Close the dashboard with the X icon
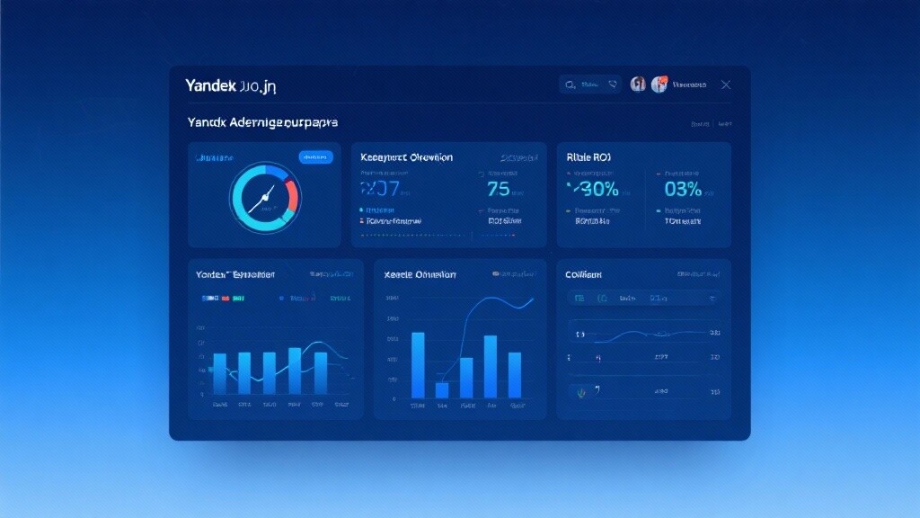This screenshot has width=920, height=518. click(726, 85)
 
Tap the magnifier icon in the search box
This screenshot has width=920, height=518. click(571, 85)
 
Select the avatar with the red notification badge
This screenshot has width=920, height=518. click(659, 85)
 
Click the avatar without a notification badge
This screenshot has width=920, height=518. click(638, 85)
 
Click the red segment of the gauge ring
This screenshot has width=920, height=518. click(292, 193)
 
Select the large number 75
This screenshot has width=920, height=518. click(498, 189)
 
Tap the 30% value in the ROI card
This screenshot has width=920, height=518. click(594, 189)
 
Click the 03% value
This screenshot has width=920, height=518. click(682, 189)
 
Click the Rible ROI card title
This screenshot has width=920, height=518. click(588, 156)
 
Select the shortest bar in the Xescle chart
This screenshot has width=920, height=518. click(442, 389)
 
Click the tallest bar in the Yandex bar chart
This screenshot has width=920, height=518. click(295, 372)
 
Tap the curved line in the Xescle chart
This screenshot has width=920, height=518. click(476, 315)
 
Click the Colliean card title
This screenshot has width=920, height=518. click(583, 274)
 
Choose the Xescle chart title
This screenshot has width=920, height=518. click(420, 274)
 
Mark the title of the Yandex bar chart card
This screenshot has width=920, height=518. click(235, 274)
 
